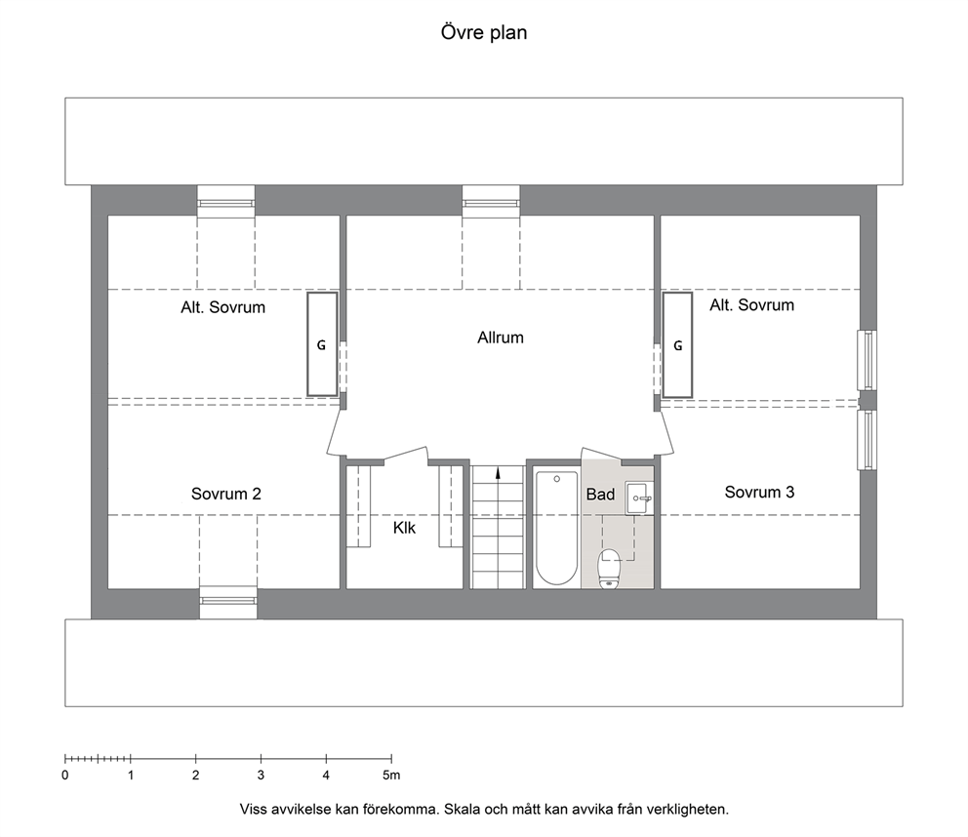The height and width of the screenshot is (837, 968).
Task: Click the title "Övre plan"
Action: (x=484, y=32)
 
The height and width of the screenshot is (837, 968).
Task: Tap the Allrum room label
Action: (x=501, y=338)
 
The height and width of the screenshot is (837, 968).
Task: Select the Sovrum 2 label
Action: (x=226, y=494)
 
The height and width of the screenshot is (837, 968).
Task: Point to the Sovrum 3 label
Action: (x=759, y=492)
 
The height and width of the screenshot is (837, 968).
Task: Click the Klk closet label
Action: (x=404, y=528)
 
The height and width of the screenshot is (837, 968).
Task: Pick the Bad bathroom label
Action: (x=601, y=495)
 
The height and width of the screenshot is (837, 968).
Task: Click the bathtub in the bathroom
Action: (x=556, y=528)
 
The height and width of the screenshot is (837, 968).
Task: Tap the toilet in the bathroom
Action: (x=609, y=569)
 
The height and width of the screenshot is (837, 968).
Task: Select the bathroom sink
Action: (x=639, y=498)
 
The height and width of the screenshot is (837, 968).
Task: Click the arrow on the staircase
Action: (x=498, y=473)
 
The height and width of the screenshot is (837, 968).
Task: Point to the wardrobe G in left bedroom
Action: (x=322, y=344)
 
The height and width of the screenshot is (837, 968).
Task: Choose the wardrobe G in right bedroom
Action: (x=678, y=345)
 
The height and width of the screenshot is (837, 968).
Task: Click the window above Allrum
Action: (x=492, y=202)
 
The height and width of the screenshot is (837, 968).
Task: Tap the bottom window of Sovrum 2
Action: (x=227, y=603)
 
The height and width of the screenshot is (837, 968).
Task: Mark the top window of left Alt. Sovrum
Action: (x=226, y=202)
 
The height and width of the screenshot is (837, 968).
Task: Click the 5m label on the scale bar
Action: (x=391, y=776)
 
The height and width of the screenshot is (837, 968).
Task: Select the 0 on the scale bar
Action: (x=65, y=776)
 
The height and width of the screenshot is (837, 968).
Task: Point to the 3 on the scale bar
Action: (x=262, y=776)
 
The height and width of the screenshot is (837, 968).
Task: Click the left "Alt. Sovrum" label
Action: (x=222, y=307)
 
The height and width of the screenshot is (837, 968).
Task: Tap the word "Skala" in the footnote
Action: (x=462, y=810)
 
